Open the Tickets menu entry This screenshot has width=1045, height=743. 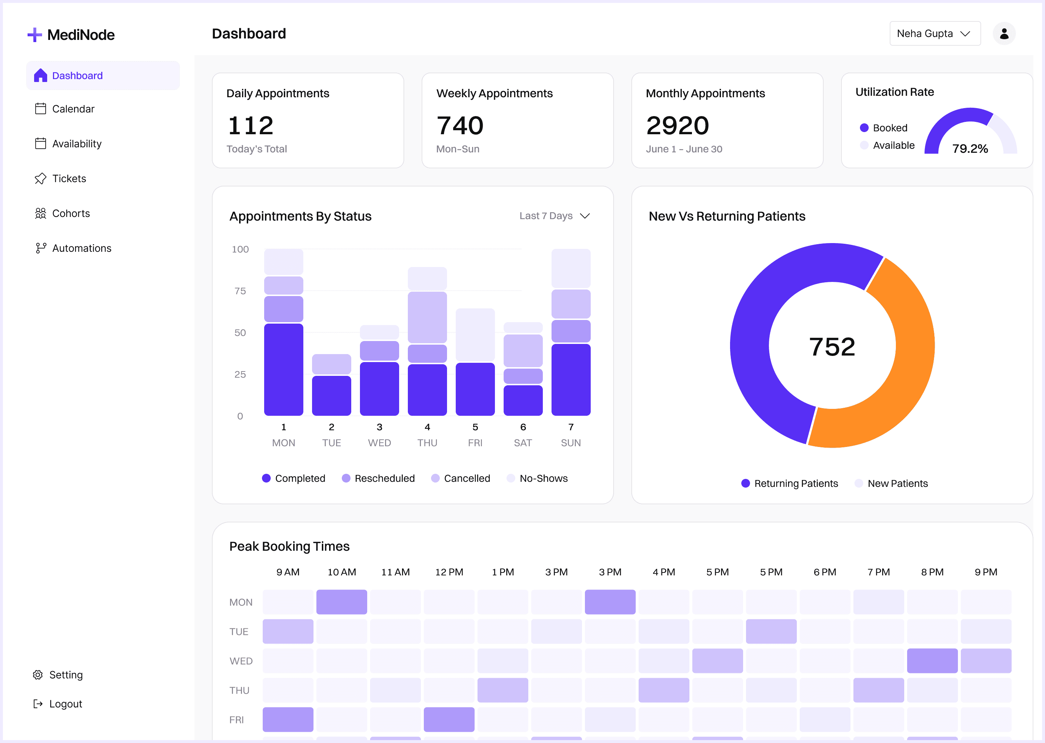click(x=69, y=178)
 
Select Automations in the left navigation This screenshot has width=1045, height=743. click(x=81, y=248)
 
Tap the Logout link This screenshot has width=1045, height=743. click(x=65, y=704)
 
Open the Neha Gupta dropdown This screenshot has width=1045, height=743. click(x=934, y=33)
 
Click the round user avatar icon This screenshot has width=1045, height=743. click(x=1004, y=33)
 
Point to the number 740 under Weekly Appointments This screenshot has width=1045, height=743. click(x=460, y=126)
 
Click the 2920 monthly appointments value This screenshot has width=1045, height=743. click(x=677, y=126)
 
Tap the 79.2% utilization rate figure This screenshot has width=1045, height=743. click(x=970, y=148)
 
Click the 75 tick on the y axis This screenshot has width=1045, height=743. click(x=240, y=291)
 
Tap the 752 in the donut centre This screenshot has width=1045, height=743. click(x=832, y=346)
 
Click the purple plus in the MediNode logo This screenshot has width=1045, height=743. click(x=35, y=35)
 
